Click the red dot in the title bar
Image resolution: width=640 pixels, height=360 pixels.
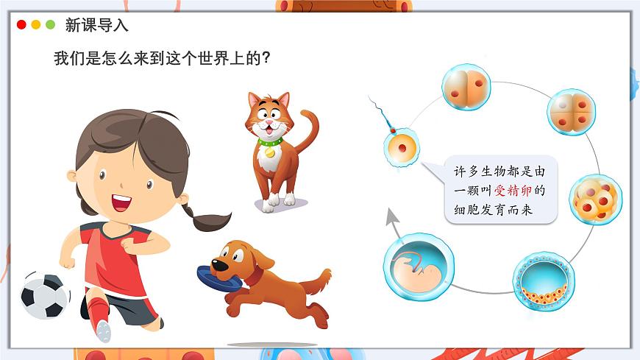(21, 24)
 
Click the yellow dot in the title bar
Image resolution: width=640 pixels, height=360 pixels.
(35, 24)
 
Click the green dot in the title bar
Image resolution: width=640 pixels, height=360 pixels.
(50, 24)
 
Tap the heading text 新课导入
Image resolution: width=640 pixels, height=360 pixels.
(96, 25)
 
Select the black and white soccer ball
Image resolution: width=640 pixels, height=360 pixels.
(45, 295)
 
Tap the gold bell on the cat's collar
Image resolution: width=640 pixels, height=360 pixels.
(270, 152)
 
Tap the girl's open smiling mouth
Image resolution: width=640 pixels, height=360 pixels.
(121, 201)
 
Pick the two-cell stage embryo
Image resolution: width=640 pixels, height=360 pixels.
(466, 87)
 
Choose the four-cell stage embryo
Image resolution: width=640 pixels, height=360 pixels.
(572, 112)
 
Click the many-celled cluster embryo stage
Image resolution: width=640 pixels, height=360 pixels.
(595, 199)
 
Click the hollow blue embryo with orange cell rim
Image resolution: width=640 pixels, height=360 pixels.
(543, 280)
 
